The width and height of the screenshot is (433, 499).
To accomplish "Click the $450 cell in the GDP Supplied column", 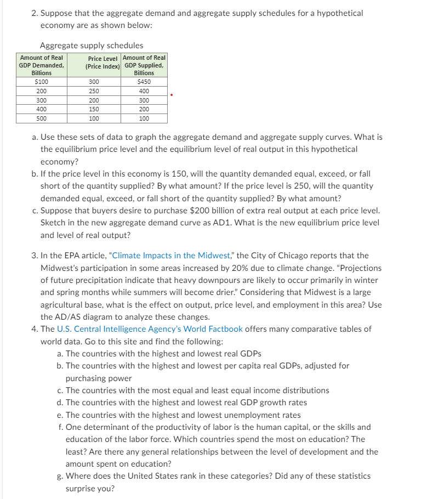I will [144, 82].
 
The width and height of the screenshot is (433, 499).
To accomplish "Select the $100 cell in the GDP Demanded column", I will [41, 82].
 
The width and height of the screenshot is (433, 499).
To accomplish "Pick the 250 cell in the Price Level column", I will [94, 91].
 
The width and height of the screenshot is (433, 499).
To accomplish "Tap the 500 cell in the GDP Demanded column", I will [41, 118].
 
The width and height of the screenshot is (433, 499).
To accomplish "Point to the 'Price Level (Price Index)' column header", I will [104, 63].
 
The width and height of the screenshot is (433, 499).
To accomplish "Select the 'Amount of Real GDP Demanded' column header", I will [41, 65].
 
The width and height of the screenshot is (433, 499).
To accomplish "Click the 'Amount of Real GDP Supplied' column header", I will [145, 65].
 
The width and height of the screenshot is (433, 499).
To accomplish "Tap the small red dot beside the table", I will [172, 95].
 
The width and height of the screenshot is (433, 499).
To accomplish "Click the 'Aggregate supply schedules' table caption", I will [92, 46].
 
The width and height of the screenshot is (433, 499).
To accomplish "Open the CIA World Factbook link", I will [150, 329].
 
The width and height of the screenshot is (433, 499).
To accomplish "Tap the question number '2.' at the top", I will [34, 13].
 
